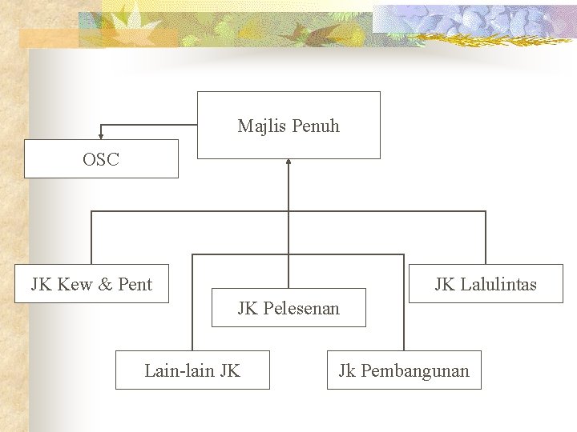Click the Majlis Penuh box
coord(288,125)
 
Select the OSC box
coord(101,158)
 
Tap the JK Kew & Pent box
coord(91,283)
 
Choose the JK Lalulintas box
coord(486,283)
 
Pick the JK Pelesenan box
coord(288,307)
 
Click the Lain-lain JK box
coord(192,370)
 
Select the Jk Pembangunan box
coord(404,370)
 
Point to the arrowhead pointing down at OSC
coord(101,135)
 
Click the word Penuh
coord(316,126)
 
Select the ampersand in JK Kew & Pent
coord(107,284)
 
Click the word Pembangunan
coord(415,370)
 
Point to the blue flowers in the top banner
coord(481,19)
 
